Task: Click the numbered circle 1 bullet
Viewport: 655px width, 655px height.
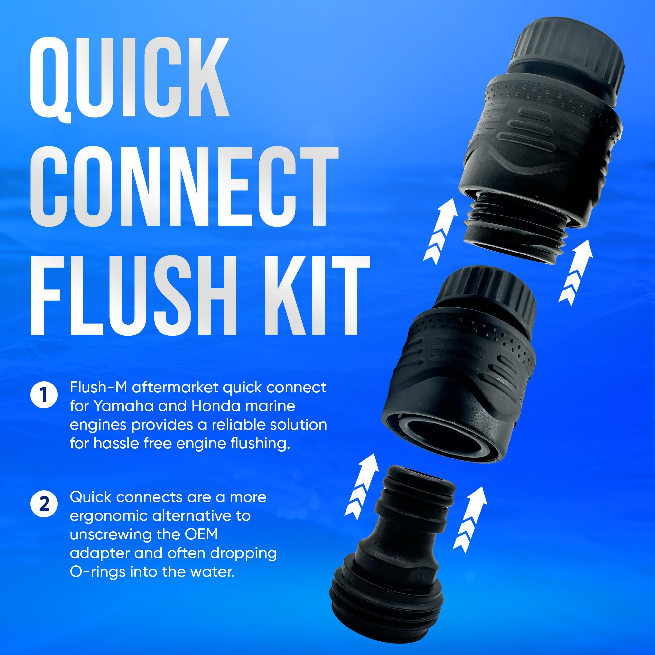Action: click(44, 395)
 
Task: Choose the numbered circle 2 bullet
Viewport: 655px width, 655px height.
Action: click(44, 504)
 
